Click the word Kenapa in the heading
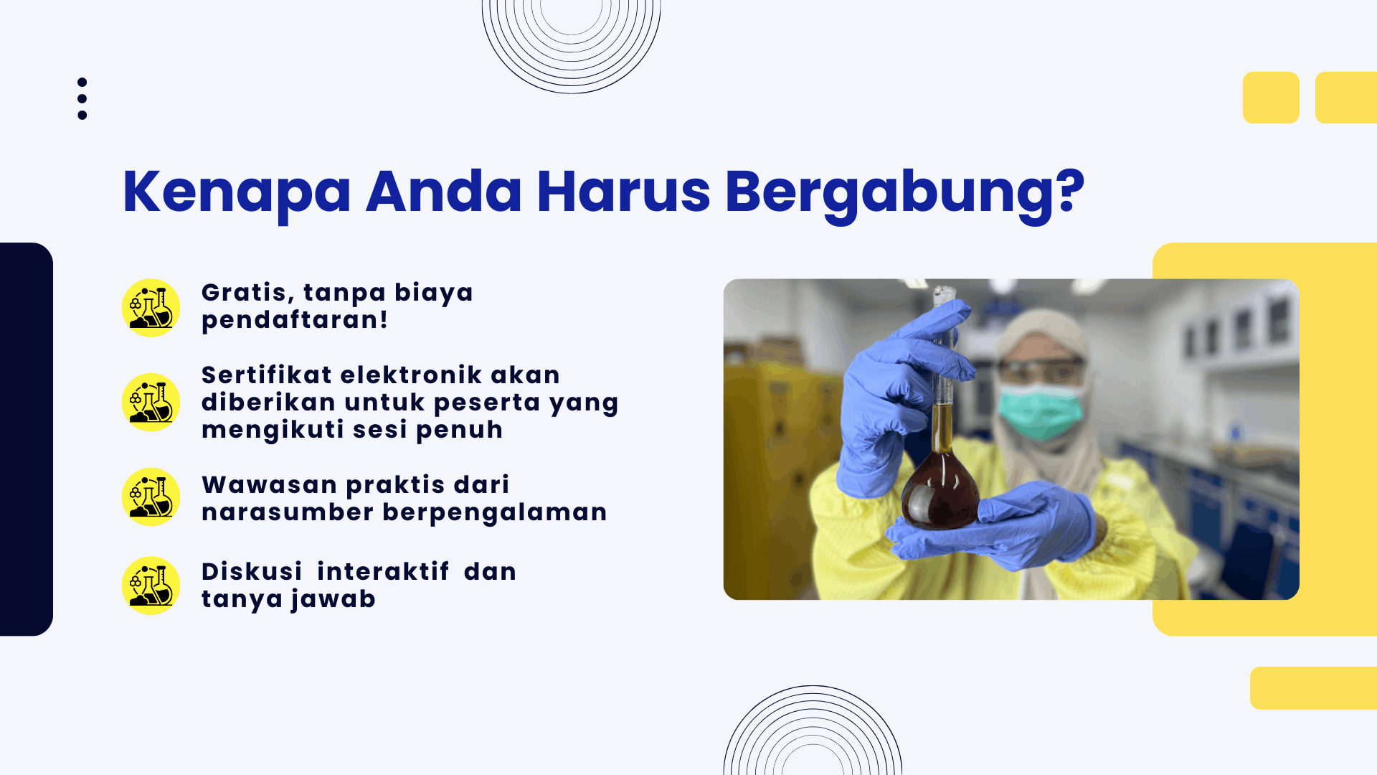pyautogui.click(x=237, y=192)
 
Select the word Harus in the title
pyautogui.click(x=623, y=192)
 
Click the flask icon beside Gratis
pyautogui.click(x=151, y=308)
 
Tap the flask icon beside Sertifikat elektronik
pyautogui.click(x=151, y=403)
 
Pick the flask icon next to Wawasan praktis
pyautogui.click(x=151, y=497)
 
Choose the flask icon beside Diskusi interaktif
pyautogui.click(x=151, y=586)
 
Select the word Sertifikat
pyautogui.click(x=267, y=375)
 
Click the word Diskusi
pyautogui.click(x=252, y=571)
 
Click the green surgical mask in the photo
pyautogui.click(x=1041, y=411)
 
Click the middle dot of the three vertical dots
pyautogui.click(x=82, y=99)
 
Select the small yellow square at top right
pyautogui.click(x=1271, y=98)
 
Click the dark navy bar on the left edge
pyautogui.click(x=27, y=439)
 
